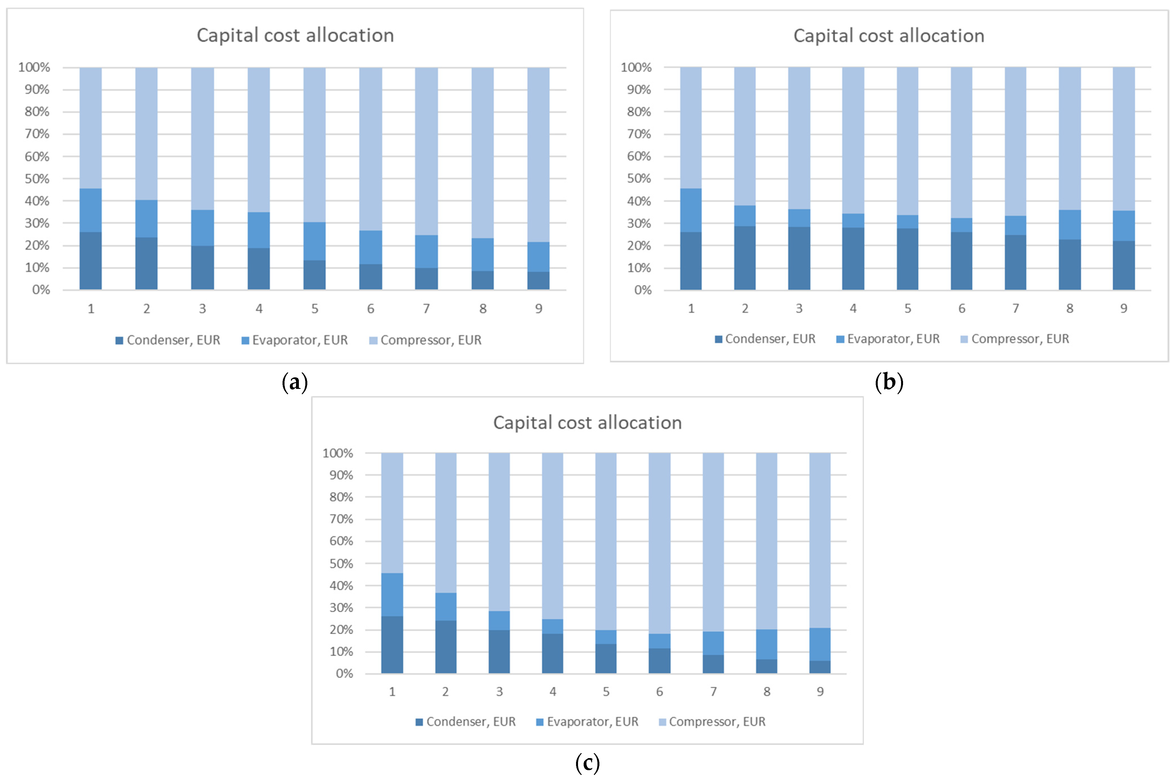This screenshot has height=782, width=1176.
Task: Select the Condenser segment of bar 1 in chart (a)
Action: pyautogui.click(x=91, y=261)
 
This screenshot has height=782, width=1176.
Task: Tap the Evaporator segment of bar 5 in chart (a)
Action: pyautogui.click(x=315, y=241)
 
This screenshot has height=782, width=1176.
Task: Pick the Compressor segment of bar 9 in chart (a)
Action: pyautogui.click(x=539, y=154)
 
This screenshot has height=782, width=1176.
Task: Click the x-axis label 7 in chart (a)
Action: pyautogui.click(x=426, y=309)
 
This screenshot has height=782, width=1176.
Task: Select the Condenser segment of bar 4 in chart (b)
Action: pyautogui.click(x=853, y=258)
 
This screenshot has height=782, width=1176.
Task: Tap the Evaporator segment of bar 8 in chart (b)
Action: pyautogui.click(x=1070, y=225)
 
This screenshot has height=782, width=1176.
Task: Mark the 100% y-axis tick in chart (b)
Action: pyautogui.click(x=636, y=67)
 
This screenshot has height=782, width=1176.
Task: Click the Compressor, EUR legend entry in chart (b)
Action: pyautogui.click(x=1015, y=339)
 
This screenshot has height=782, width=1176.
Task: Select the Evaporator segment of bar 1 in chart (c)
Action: pyautogui.click(x=392, y=595)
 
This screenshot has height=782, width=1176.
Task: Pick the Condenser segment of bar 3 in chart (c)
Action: pyautogui.click(x=499, y=651)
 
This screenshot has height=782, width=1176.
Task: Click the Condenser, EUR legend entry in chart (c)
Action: pyautogui.click(x=466, y=722)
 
